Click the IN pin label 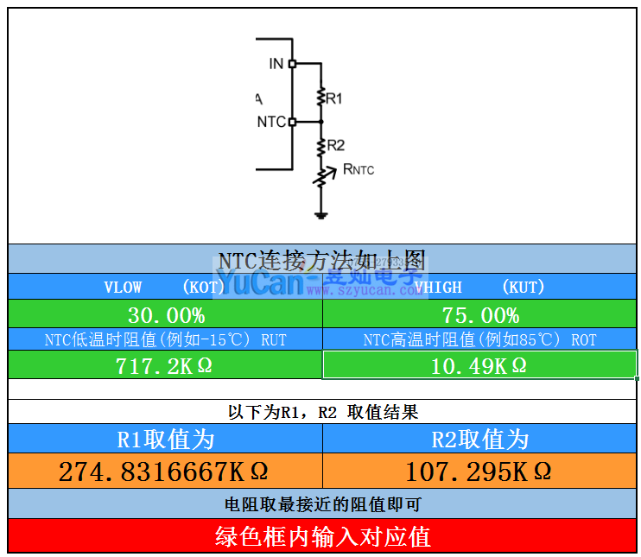(276, 64)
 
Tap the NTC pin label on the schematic (271, 122)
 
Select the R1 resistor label (334, 98)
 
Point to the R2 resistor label (336, 145)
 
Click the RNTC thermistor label (359, 169)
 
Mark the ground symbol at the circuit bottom (320, 214)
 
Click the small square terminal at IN (292, 64)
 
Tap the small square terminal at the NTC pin (292, 122)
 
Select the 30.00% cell (166, 314)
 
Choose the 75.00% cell (480, 314)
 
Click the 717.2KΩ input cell (166, 365)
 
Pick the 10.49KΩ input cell (480, 365)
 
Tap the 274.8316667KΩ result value (164, 472)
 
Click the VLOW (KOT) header (165, 287)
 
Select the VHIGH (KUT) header (479, 287)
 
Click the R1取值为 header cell (165, 440)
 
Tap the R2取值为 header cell (479, 440)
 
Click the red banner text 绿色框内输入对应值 (322, 536)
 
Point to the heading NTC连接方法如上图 (322, 260)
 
